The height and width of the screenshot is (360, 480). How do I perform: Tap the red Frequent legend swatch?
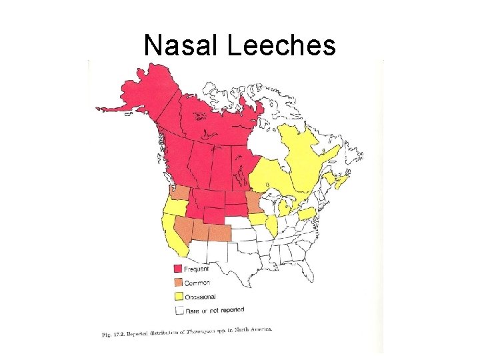pos(179,269)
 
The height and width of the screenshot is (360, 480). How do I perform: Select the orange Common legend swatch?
pos(179,283)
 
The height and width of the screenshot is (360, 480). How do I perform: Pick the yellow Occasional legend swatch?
pos(179,296)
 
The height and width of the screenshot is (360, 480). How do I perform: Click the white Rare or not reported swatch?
pos(179,310)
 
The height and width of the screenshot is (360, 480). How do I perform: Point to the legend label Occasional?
pos(201,296)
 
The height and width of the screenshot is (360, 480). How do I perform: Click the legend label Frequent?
pos(197,269)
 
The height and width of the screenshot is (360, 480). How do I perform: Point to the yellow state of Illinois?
pos(272,225)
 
